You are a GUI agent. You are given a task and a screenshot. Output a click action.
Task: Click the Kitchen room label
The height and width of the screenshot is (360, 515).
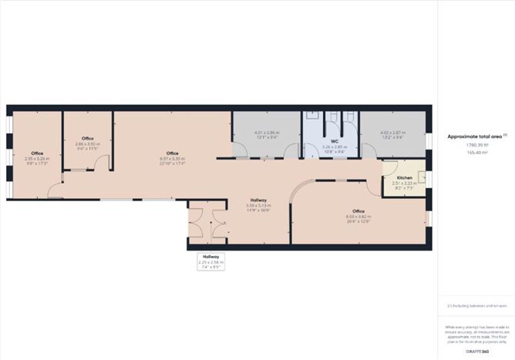point(404,178)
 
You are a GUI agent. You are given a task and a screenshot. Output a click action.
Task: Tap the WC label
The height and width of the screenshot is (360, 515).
point(335,141)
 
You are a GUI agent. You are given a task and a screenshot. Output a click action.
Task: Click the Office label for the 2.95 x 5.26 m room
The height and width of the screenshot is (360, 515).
point(37,153)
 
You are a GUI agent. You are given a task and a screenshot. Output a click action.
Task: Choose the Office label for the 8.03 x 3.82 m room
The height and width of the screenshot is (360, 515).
point(358,210)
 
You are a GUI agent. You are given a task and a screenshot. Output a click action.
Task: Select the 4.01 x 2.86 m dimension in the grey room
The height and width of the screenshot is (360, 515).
point(267,133)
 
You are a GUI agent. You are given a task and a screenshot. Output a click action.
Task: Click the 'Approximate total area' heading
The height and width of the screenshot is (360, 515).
point(470,136)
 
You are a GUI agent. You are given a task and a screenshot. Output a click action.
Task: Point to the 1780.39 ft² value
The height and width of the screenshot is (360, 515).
point(470,145)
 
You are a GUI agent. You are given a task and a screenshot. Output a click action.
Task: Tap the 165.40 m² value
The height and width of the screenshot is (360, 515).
point(470,152)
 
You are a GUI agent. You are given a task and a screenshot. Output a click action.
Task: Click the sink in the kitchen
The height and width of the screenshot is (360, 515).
point(421,180)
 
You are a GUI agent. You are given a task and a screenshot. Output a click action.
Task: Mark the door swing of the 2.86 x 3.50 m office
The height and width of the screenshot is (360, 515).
point(103,163)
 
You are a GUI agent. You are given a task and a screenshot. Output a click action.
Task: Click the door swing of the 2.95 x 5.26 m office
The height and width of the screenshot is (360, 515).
point(54,191)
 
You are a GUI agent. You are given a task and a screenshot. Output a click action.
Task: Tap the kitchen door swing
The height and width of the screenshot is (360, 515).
point(389,187)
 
